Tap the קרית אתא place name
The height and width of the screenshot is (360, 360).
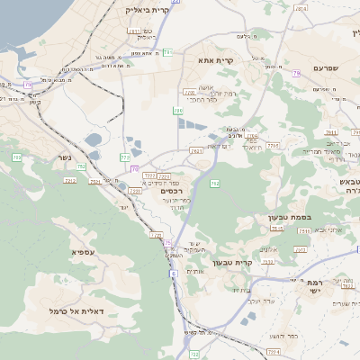(216, 60)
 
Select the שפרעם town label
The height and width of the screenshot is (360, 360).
(325, 67)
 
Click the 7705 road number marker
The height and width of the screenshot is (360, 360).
(274, 145)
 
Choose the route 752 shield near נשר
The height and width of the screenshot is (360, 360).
(82, 166)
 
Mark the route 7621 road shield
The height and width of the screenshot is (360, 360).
(196, 151)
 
